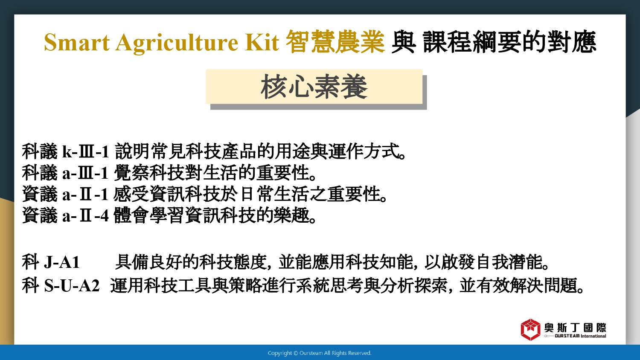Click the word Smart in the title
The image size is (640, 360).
click(x=76, y=42)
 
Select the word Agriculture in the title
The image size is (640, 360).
click(x=177, y=43)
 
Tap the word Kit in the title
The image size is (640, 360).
click(x=262, y=42)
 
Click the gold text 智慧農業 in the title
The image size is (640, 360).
click(x=335, y=42)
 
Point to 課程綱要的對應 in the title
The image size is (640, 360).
click(x=509, y=42)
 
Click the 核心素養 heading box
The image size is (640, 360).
click(x=314, y=87)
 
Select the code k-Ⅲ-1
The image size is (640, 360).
click(x=85, y=151)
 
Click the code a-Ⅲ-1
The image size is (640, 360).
click(x=85, y=173)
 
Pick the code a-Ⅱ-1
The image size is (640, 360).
click(x=85, y=194)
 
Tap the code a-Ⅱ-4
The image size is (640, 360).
click(x=85, y=216)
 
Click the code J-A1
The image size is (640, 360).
click(x=61, y=262)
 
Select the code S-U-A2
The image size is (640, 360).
click(x=71, y=285)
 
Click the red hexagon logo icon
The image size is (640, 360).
click(x=530, y=330)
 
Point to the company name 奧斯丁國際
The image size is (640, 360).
click(x=575, y=328)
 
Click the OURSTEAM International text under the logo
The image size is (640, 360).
click(x=580, y=336)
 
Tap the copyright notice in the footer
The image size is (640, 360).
click(x=320, y=353)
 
